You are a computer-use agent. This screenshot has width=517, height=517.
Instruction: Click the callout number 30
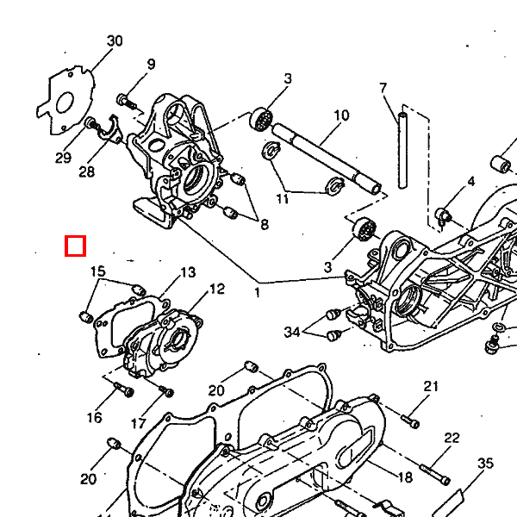pyautogui.click(x=115, y=41)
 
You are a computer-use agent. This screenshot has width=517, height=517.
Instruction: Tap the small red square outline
pyautogui.click(x=76, y=246)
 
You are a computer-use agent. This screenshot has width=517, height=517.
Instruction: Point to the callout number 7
pyautogui.click(x=383, y=88)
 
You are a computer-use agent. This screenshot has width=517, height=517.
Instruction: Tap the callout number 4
pyautogui.click(x=471, y=182)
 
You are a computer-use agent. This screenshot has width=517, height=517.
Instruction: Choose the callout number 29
pyautogui.click(x=63, y=157)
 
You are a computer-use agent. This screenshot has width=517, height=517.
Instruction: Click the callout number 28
pyautogui.click(x=86, y=171)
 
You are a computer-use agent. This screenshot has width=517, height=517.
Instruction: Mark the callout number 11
pyautogui.click(x=283, y=200)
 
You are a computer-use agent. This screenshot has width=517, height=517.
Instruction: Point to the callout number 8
pyautogui.click(x=265, y=225)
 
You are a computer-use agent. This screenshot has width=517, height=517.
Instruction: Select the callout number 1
pyautogui.click(x=257, y=293)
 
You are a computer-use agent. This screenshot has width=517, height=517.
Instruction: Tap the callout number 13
pyautogui.click(x=188, y=272)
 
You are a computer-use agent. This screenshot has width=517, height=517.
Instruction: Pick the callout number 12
pyautogui.click(x=216, y=289)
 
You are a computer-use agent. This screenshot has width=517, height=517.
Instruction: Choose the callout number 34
pyautogui.click(x=292, y=332)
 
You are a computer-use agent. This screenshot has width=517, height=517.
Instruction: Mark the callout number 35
pyautogui.click(x=485, y=463)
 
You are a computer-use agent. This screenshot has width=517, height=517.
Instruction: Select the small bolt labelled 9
pyautogui.click(x=125, y=102)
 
